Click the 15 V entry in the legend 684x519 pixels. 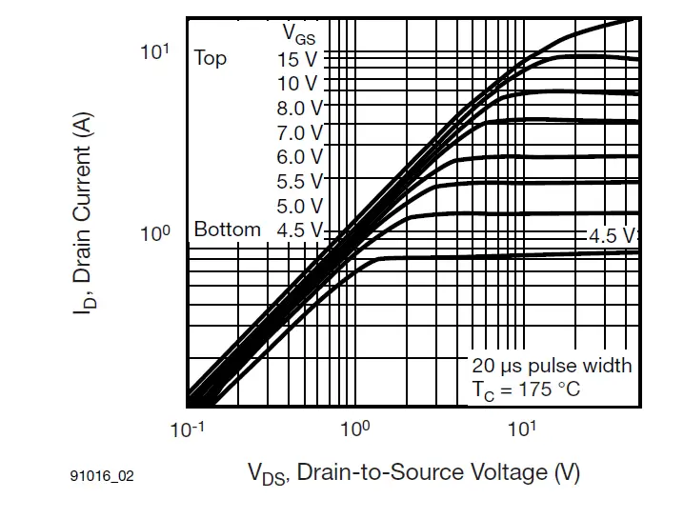[298, 59]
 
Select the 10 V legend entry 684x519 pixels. [298, 84]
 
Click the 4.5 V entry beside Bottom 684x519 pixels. [299, 230]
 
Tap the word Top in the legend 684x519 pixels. [211, 58]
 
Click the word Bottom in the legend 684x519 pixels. [227, 230]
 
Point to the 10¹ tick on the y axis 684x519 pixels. [155, 51]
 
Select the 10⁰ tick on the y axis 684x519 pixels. [155, 233]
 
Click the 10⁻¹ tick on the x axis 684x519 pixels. [187, 429]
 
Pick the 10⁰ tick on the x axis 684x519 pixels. [354, 429]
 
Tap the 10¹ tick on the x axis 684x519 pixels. [521, 429]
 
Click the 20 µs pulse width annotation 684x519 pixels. [552, 366]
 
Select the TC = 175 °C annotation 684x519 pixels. [526, 389]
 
